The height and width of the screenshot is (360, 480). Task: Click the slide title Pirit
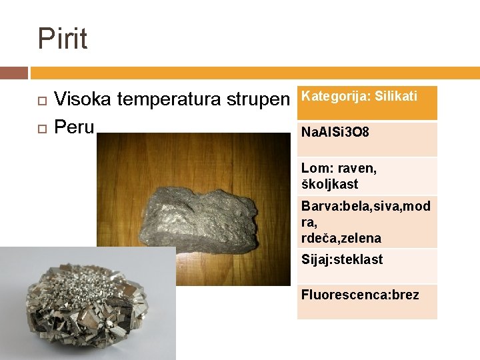[x=63, y=39]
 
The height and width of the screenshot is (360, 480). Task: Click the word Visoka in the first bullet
[x=83, y=100]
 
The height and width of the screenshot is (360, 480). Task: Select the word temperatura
[x=169, y=100]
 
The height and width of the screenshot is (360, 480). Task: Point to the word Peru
[x=74, y=127]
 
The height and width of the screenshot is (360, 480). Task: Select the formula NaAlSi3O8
[x=335, y=133]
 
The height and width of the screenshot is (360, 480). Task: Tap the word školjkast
[x=329, y=184]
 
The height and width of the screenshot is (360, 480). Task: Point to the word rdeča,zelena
[x=341, y=238]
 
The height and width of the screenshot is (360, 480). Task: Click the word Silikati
[x=396, y=96]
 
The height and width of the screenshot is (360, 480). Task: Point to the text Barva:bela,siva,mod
[x=365, y=206]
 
